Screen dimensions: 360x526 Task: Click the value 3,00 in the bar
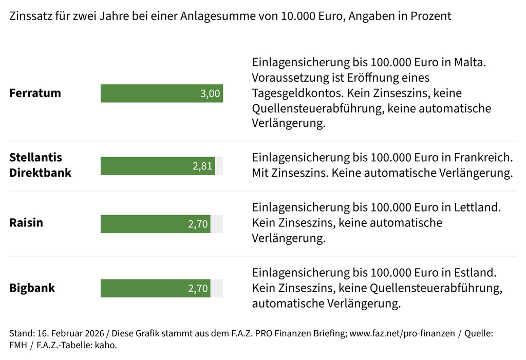point(210,93)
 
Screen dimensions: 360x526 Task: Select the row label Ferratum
point(35,93)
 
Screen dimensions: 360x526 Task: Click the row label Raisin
point(26,223)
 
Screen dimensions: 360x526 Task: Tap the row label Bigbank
point(32,288)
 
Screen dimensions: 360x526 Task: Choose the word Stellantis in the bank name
point(35,157)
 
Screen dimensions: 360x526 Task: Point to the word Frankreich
point(483,157)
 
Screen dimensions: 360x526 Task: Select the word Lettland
point(477,207)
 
